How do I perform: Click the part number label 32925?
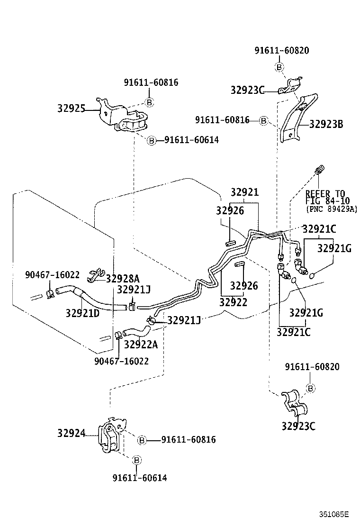tap(71, 109)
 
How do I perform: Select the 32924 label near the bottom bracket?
tap(71, 433)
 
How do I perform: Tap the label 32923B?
tap(326, 125)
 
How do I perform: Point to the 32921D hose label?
tap(82, 313)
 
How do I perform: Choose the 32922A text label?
tap(141, 345)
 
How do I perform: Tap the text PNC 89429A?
tap(332, 209)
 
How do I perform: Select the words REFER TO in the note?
tap(325, 193)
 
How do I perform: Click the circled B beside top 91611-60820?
tap(279, 67)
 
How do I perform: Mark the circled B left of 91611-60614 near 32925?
tap(151, 140)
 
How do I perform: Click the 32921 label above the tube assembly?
tap(245, 192)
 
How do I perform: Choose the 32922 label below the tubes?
tap(233, 301)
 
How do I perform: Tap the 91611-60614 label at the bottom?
tap(140, 478)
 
